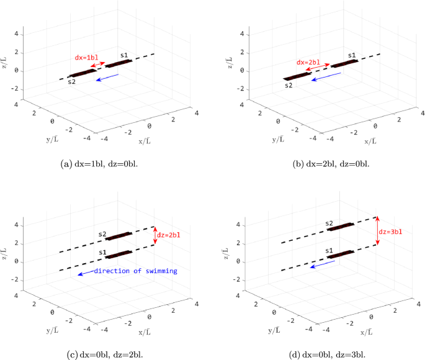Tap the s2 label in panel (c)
click(102, 234)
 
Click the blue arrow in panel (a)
click(109, 78)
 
